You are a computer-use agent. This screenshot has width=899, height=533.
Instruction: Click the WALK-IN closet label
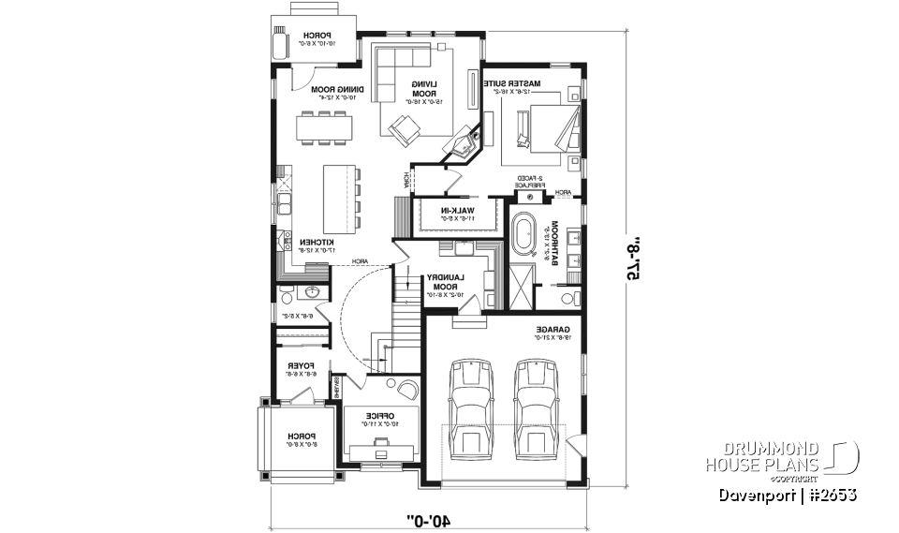click(458, 214)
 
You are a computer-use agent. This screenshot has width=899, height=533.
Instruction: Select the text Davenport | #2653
click(784, 494)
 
